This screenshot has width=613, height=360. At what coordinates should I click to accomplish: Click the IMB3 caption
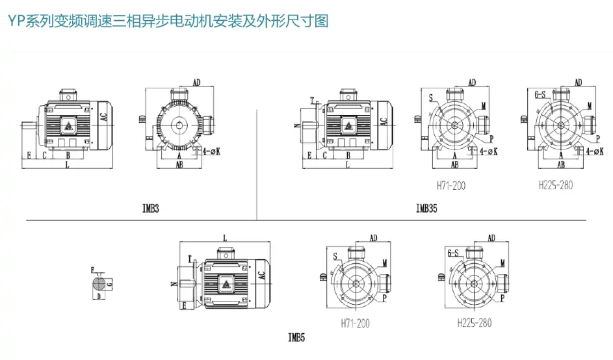tap(151, 209)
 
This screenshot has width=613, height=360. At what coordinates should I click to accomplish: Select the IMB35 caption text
tap(426, 209)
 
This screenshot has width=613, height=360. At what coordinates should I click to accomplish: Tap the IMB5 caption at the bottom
tap(296, 337)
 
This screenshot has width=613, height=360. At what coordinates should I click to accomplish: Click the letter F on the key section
tap(92, 270)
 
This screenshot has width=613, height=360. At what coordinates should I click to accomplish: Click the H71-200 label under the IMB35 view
tap(450, 185)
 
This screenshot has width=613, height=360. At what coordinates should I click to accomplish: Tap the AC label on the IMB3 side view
tap(103, 118)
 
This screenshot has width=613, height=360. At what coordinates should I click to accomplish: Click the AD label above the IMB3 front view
tap(198, 82)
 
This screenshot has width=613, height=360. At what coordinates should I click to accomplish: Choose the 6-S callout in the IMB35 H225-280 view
tap(539, 95)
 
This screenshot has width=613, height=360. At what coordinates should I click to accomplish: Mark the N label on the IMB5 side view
tap(173, 284)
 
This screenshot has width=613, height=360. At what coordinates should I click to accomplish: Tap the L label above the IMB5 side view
tap(224, 237)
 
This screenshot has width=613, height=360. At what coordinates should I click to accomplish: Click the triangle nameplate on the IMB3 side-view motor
tap(68, 125)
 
